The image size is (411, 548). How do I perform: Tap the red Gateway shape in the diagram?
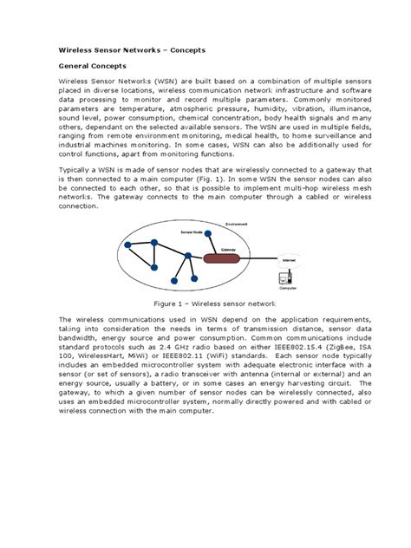228,257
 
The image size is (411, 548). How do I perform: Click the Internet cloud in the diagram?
288,258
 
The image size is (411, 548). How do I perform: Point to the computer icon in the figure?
284,278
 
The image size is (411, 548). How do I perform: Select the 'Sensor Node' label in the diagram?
192,233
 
